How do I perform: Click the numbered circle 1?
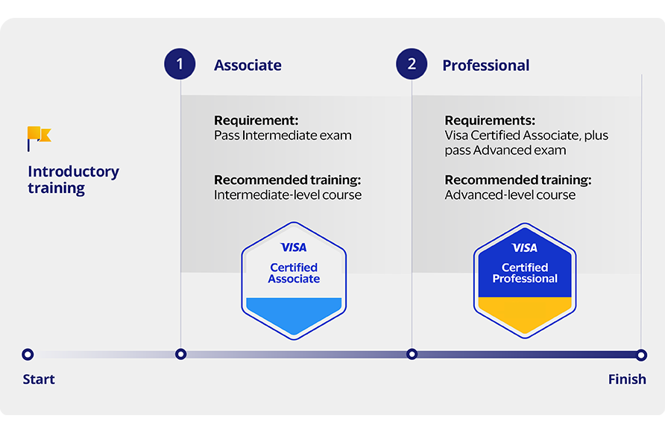[180, 64]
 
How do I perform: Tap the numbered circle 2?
[412, 64]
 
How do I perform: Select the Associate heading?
[248, 66]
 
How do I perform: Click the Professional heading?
[485, 66]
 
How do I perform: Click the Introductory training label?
[73, 180]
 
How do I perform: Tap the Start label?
[39, 379]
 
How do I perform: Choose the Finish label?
[627, 379]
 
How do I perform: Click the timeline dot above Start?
[28, 354]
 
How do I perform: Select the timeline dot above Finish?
[641, 355]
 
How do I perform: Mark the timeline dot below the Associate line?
[180, 354]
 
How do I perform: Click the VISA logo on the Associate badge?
[294, 247]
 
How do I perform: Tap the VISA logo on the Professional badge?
[525, 247]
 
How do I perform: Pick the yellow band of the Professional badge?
[525, 314]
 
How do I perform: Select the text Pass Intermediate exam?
[283, 136]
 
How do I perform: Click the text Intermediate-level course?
[288, 195]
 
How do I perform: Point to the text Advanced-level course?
[510, 195]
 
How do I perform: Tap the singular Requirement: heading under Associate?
[256, 121]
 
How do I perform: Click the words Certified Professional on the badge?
[525, 273]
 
